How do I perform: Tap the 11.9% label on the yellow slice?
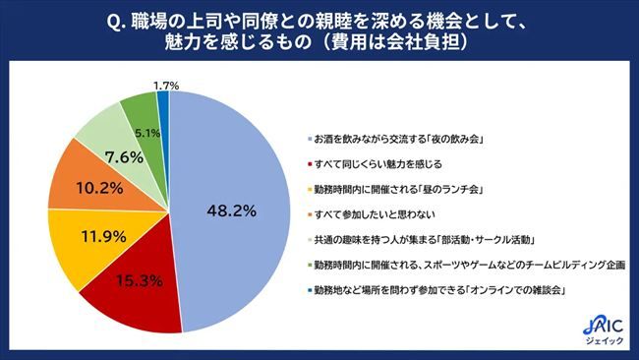click(76, 236)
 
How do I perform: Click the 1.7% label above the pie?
click(166, 86)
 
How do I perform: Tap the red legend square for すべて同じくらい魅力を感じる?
click(307, 162)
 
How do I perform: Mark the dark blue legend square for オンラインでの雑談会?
click(307, 289)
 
